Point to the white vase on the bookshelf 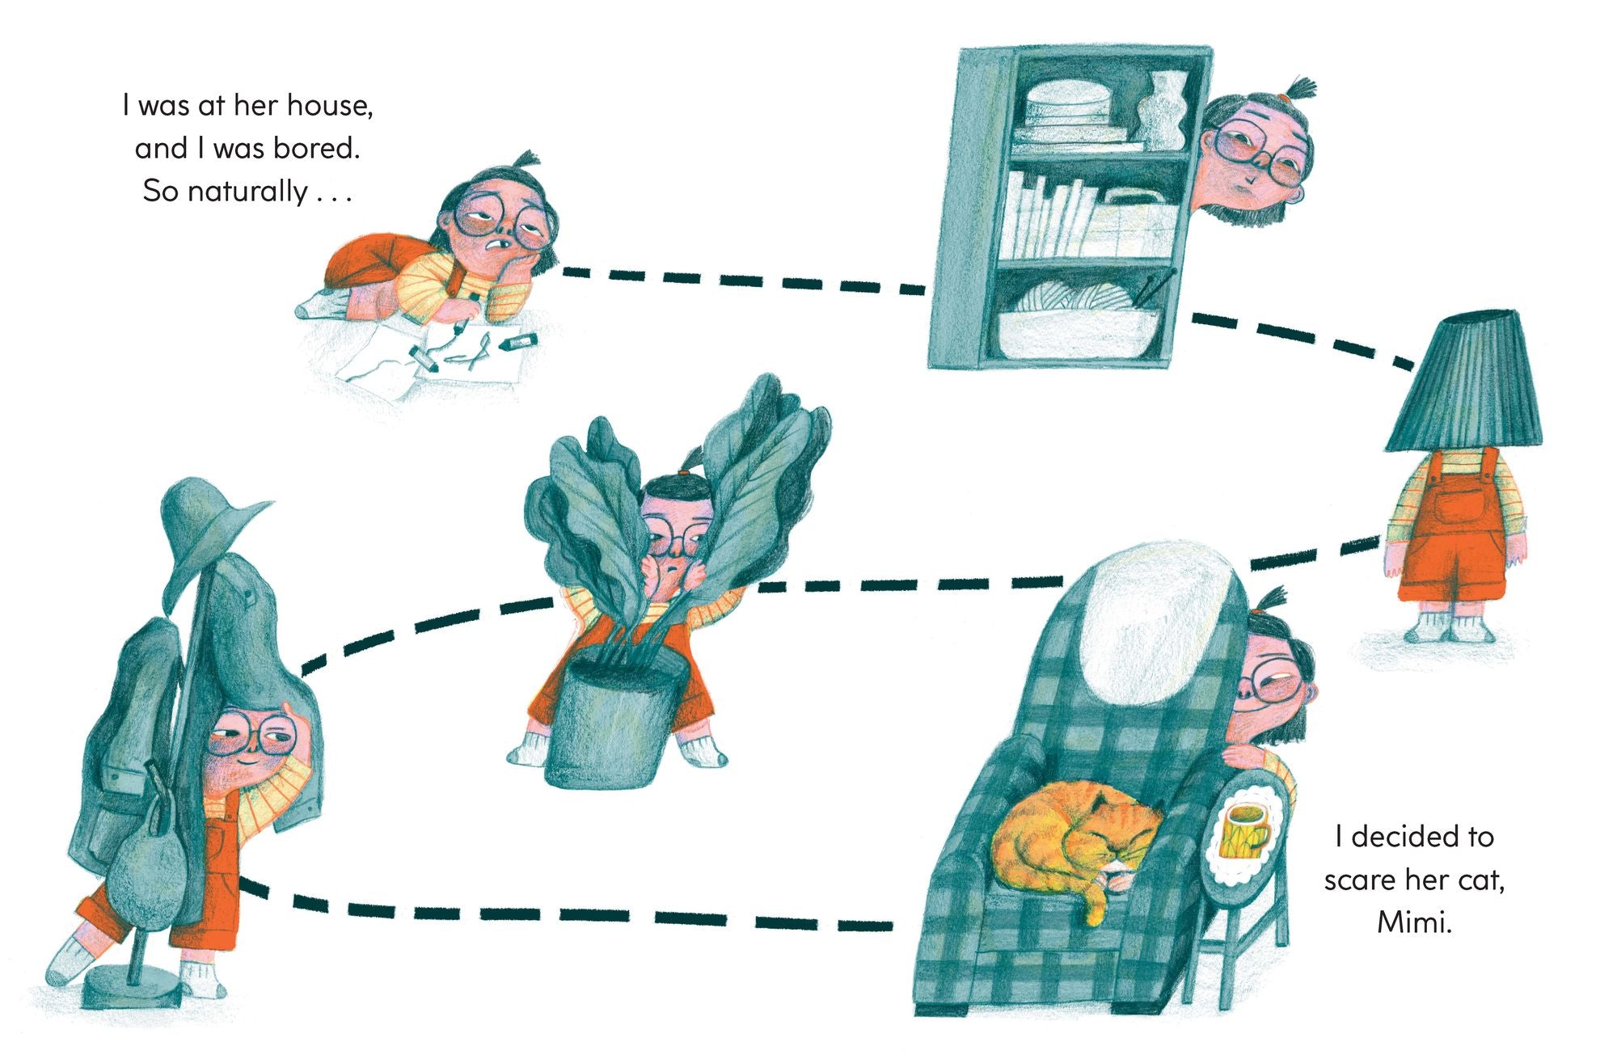pos(1161,109)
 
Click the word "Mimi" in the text pos(1415,922)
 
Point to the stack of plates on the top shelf pos(1066,113)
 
